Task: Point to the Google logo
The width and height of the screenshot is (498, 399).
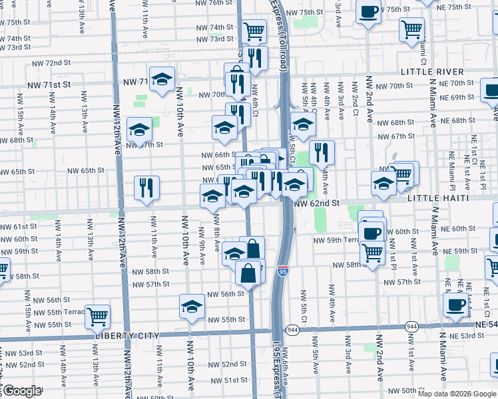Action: tap(22, 391)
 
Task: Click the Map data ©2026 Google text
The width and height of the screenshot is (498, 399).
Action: tap(457, 394)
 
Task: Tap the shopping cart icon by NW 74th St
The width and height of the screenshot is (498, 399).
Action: tap(254, 31)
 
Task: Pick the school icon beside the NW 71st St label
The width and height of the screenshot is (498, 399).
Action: tap(162, 79)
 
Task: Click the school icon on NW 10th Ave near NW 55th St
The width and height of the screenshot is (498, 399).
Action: tap(192, 307)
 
